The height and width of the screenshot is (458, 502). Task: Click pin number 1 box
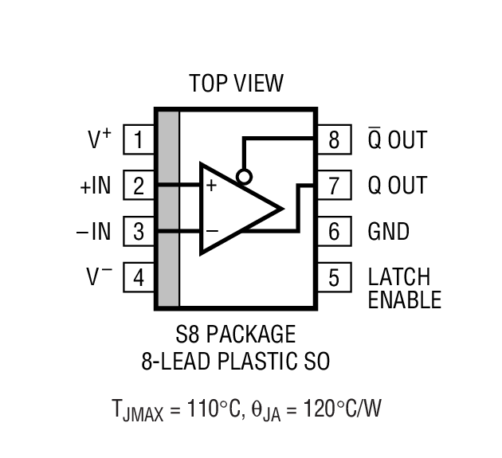click(139, 140)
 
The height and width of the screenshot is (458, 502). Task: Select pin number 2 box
click(139, 186)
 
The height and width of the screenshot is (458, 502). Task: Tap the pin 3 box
click(139, 232)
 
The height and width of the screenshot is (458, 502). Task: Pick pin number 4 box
click(139, 278)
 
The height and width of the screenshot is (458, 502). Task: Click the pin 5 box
click(334, 278)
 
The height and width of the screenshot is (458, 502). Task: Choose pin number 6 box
click(334, 232)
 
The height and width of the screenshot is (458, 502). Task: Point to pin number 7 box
click(334, 186)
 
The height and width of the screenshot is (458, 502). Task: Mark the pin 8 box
click(334, 140)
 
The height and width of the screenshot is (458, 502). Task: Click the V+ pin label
click(99, 139)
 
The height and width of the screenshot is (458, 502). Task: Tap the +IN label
click(95, 186)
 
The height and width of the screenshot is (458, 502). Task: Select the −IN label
click(93, 232)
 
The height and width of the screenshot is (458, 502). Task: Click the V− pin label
click(99, 277)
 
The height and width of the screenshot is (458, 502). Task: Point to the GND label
click(388, 232)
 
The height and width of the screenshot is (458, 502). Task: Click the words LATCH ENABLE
click(404, 288)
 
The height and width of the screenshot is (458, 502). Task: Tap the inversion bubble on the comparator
click(244, 177)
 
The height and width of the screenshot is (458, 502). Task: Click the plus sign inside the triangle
click(212, 186)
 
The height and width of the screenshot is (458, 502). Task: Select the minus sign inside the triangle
click(212, 231)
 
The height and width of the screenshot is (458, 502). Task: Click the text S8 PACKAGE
click(235, 334)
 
